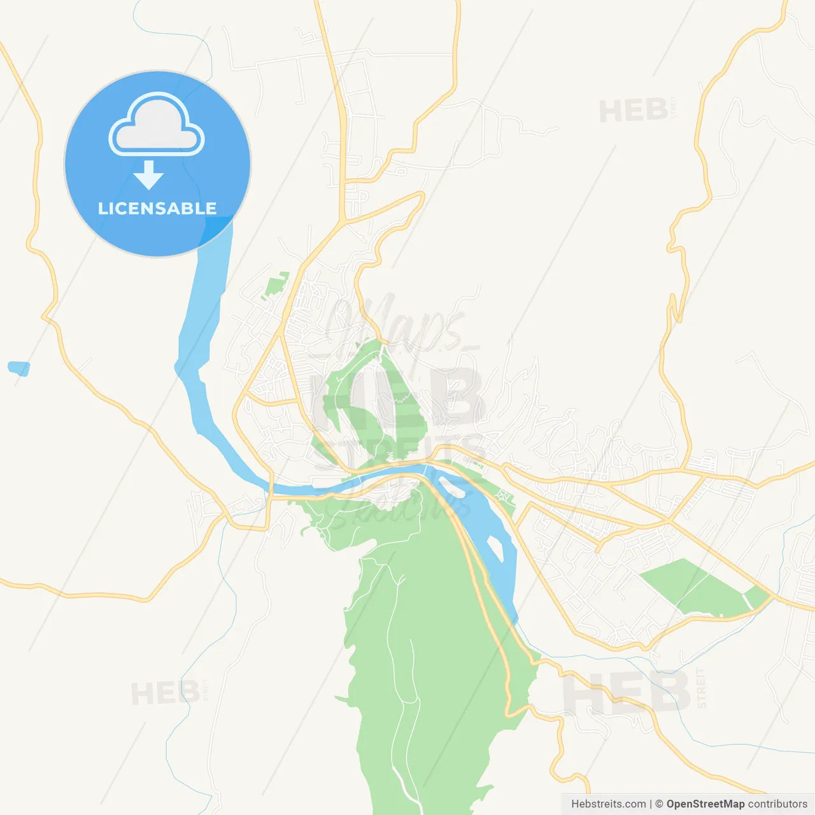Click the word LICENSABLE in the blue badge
click(157, 208)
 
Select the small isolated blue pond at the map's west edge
click(18, 368)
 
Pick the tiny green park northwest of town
click(276, 285)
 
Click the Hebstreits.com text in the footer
click(608, 804)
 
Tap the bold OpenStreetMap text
click(705, 804)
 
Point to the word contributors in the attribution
click(777, 804)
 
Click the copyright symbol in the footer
click(659, 804)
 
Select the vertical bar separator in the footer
click(651, 804)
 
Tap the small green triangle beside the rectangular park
click(756, 597)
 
